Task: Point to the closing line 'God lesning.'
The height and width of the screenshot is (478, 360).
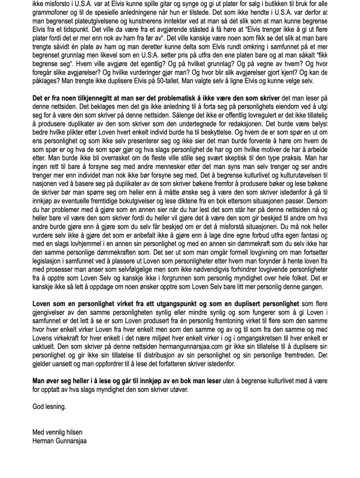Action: coord(49,407)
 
